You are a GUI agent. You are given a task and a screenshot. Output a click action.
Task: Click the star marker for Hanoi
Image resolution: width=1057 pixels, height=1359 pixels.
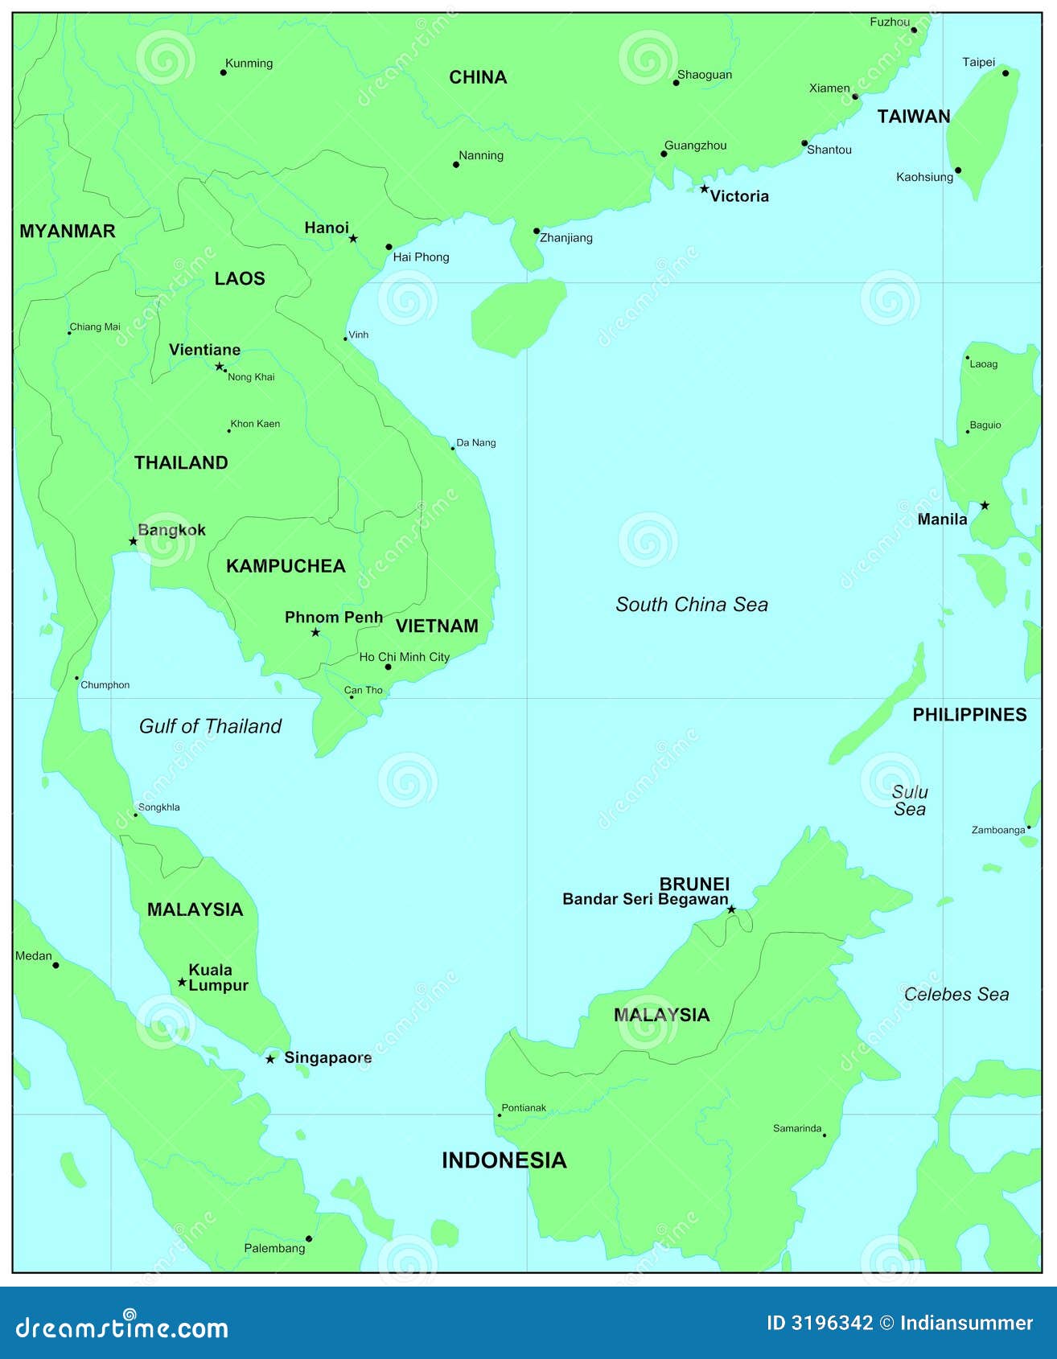352,238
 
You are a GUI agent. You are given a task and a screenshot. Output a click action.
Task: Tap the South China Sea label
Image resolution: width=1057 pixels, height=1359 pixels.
691,605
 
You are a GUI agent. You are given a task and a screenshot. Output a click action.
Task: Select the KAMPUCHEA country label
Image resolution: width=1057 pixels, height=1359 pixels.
286,566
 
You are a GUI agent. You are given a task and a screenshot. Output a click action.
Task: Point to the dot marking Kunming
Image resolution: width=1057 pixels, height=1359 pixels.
224,72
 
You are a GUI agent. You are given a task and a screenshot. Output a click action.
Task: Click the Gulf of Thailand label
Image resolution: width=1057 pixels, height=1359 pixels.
210,726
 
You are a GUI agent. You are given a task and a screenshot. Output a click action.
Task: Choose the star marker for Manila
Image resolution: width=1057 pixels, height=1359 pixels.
985,506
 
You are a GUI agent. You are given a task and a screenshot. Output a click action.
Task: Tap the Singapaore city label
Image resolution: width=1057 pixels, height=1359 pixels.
327,1057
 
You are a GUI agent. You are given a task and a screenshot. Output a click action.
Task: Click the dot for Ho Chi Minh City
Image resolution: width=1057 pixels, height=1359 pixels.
388,667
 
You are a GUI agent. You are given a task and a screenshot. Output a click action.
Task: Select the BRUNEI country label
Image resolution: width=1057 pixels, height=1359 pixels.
693,884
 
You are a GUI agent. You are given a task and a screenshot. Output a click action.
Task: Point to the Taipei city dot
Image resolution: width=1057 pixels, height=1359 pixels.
1005,73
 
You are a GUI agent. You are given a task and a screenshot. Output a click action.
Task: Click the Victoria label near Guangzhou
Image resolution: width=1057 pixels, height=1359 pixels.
738,196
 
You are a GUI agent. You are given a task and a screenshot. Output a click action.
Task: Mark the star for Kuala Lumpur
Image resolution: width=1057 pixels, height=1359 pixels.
182,982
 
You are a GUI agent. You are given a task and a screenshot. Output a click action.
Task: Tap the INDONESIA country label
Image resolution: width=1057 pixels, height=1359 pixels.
504,1160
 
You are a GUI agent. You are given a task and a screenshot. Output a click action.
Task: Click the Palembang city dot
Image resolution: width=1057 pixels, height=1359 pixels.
309,1238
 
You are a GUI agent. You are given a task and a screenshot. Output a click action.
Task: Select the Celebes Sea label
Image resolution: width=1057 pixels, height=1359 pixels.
956,995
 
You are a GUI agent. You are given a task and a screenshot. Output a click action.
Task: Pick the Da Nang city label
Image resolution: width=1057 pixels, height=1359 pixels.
475,442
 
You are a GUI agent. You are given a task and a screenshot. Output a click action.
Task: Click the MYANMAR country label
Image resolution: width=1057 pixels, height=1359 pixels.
68,232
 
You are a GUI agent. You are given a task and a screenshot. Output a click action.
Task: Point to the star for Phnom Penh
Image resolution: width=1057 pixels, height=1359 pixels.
315,633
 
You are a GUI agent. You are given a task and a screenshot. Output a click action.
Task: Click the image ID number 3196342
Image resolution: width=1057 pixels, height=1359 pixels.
832,1324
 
